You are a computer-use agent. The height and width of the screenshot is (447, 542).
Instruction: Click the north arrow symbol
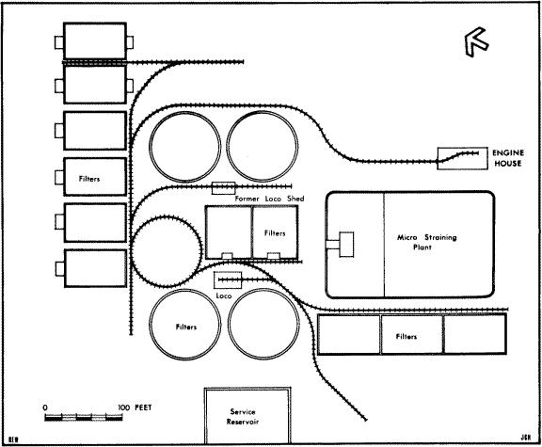coord(476,41)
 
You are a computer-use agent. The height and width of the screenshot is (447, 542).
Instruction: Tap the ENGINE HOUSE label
coord(508,158)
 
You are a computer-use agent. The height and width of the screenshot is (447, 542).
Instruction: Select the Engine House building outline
coord(463,148)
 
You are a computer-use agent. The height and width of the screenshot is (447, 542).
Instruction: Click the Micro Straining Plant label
coord(426,242)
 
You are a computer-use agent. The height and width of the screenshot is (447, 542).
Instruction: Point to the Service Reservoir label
coord(243,417)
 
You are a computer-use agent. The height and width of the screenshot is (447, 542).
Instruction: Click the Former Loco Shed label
coord(269,199)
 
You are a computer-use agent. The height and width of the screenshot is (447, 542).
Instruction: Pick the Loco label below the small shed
coord(224,295)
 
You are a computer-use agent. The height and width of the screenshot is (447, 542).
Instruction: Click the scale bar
coord(84,417)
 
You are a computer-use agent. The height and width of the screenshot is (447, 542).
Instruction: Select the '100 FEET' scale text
coord(135,407)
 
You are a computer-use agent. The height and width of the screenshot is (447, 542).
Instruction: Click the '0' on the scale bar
coord(45,407)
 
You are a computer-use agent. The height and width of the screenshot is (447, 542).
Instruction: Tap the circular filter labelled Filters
coord(150,325)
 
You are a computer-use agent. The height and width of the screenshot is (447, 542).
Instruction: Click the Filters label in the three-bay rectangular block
coord(406,336)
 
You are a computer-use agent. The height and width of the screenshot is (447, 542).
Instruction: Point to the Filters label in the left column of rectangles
coord(89,179)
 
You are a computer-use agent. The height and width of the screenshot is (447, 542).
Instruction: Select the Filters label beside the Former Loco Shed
coord(275,233)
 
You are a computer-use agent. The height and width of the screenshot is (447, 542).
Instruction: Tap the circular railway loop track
coord(167,216)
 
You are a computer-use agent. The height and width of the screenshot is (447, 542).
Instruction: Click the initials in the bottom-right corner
coord(524,438)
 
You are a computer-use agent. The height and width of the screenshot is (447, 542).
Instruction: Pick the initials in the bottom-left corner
coord(13,439)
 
